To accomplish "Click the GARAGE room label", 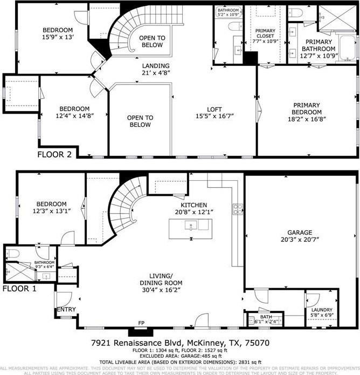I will [x=300, y=233].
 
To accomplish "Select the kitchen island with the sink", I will [x=189, y=229].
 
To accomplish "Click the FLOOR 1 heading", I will [x=19, y=289].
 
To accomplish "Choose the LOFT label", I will [x=216, y=108].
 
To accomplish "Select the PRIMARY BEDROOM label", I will [x=307, y=108].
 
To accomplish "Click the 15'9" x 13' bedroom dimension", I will [x=58, y=37].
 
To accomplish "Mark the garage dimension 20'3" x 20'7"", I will [x=300, y=240].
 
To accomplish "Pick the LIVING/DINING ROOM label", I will [x=161, y=279].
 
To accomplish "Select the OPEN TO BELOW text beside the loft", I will [x=140, y=121].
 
